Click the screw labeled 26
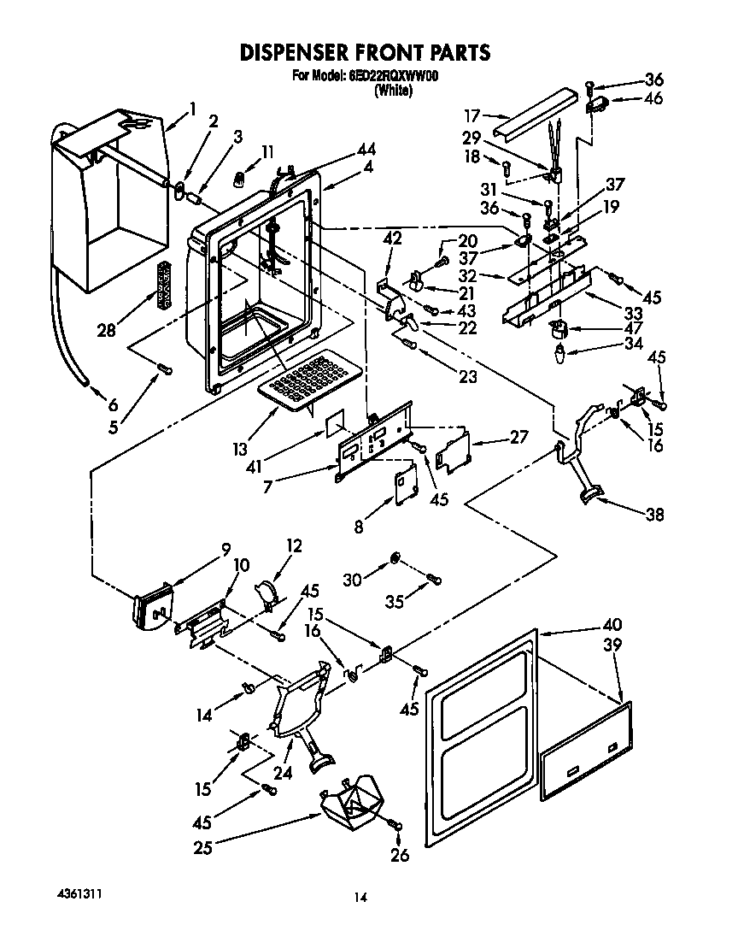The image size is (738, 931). coord(395,825)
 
